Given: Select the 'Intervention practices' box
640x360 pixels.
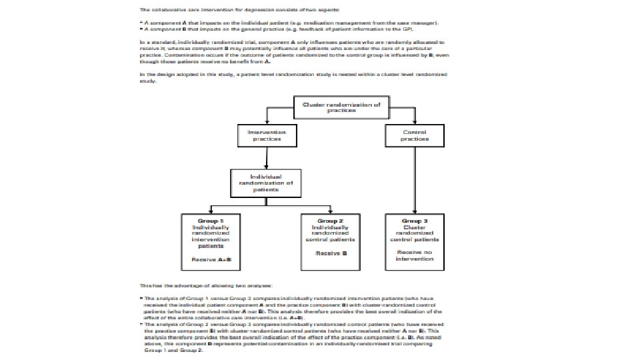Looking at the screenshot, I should [x=267, y=137].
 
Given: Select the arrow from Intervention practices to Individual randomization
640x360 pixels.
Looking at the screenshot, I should [x=267, y=158].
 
